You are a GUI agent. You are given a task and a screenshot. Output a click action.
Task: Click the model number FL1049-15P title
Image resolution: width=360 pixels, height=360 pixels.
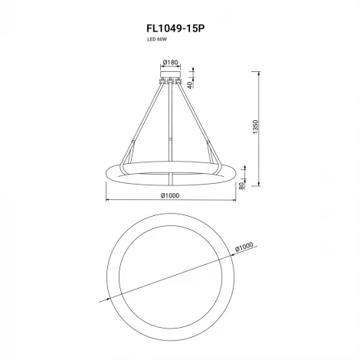pyautogui.click(x=175, y=28)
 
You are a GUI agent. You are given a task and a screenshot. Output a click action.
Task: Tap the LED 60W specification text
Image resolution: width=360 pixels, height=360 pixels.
pyautogui.click(x=157, y=40)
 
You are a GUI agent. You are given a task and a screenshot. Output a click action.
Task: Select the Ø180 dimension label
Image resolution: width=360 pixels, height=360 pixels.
pyautogui.click(x=170, y=62)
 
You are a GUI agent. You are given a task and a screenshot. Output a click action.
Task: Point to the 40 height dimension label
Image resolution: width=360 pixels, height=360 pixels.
pyautogui.click(x=190, y=85)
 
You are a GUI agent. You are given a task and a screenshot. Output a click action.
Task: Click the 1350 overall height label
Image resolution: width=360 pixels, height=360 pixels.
pyautogui.click(x=255, y=127)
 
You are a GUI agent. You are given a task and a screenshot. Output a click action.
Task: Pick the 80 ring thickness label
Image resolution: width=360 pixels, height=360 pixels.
pyautogui.click(x=241, y=185)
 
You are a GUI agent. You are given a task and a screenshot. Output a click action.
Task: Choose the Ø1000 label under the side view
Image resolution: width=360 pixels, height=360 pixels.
pyautogui.click(x=170, y=195)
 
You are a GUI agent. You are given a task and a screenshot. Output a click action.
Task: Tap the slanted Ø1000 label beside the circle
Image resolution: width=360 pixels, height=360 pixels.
pyautogui.click(x=244, y=247)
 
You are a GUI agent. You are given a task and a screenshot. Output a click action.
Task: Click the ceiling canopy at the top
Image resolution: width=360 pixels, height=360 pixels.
pyautogui.click(x=170, y=74)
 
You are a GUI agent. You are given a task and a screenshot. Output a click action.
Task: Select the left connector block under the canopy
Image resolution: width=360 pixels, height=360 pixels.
pyautogui.click(x=162, y=81)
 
